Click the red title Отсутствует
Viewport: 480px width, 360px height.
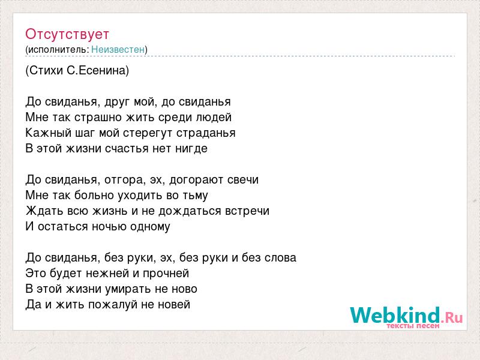point(67,34)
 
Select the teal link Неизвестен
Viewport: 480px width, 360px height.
point(118,49)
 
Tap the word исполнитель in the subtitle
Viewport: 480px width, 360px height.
point(57,50)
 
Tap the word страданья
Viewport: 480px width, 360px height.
point(206,133)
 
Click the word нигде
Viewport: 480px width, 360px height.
point(191,149)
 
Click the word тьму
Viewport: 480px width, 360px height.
point(196,196)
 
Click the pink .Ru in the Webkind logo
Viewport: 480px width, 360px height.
point(452,317)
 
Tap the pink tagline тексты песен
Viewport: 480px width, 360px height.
point(413,326)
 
